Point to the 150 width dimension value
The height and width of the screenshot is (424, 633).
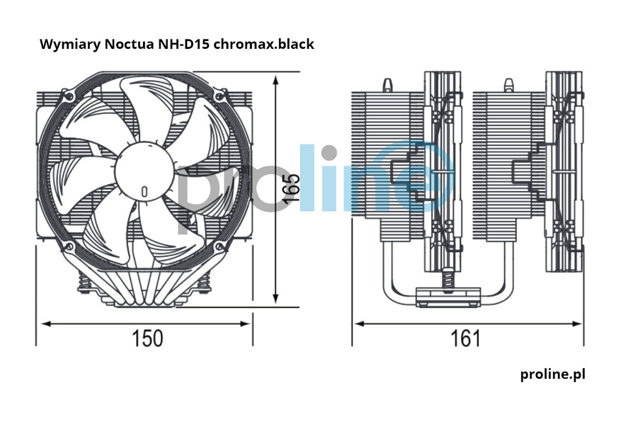point(147,338)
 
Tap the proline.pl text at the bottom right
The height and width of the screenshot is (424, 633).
point(552,374)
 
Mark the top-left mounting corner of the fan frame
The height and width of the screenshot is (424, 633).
point(68,94)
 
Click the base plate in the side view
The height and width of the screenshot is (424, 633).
point(447,297)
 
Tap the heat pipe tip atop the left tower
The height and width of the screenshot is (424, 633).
point(387,84)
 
